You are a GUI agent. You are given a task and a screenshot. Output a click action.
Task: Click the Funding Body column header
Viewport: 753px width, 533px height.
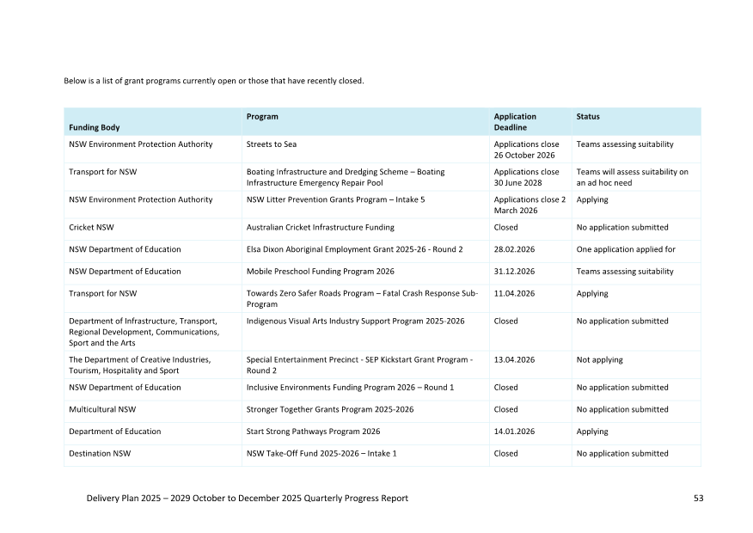[95, 127]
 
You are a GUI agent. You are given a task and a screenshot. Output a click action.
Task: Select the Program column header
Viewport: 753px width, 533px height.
[262, 117]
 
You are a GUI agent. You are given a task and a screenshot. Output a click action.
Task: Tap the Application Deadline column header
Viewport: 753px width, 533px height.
[515, 121]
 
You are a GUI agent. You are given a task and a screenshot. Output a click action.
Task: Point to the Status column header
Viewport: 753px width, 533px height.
[588, 117]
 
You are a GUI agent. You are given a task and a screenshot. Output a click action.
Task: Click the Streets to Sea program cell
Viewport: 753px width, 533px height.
[272, 144]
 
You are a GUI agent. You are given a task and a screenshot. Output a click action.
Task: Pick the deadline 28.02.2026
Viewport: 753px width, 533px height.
[514, 249]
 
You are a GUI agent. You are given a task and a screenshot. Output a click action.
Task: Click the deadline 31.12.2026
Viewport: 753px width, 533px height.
[514, 272]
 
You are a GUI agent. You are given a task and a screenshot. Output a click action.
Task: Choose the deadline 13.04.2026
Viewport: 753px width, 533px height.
[514, 360]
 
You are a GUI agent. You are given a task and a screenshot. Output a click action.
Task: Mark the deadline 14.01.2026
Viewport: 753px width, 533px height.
[514, 432]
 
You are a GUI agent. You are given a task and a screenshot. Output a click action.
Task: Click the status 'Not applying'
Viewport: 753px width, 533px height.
[600, 360]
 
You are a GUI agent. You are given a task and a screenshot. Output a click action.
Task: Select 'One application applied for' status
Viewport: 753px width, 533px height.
[626, 249]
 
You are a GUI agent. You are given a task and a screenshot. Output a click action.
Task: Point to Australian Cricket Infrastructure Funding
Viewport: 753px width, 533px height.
[321, 228]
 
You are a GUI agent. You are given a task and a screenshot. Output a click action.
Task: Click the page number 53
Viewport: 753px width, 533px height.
[698, 499]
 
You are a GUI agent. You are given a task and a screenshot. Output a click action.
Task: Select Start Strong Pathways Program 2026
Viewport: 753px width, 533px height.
[314, 432]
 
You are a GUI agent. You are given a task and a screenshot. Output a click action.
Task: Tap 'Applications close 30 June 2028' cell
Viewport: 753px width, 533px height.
[526, 177]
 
